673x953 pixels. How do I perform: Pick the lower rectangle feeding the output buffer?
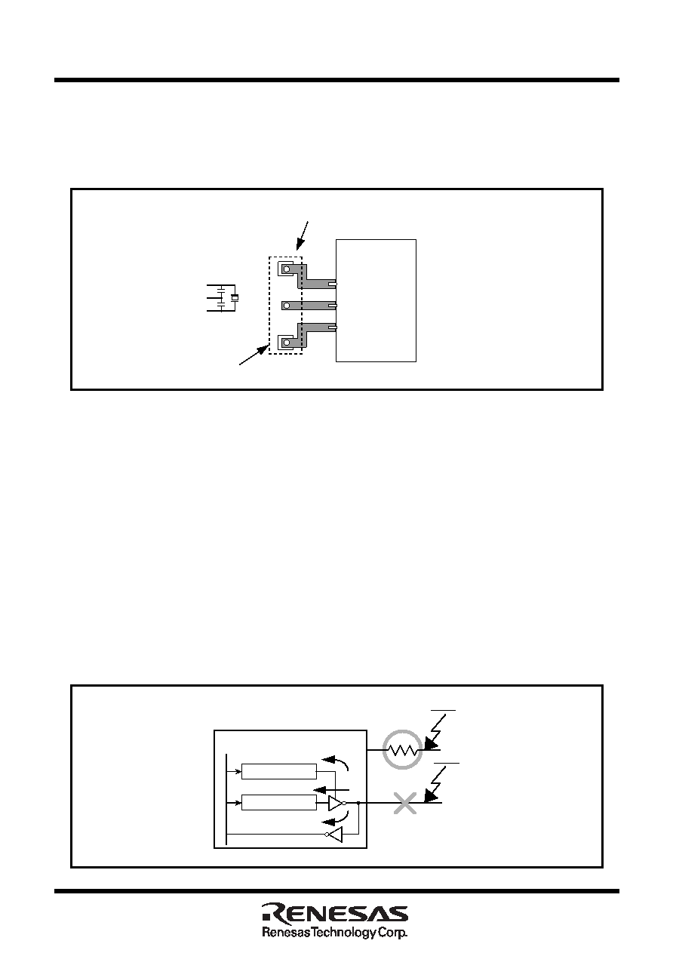click(x=278, y=803)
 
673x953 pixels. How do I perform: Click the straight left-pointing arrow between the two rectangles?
click(x=331, y=789)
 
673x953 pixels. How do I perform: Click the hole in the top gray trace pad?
click(x=287, y=269)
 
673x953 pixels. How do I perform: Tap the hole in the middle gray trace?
click(x=287, y=306)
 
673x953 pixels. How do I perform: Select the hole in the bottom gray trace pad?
click(x=287, y=343)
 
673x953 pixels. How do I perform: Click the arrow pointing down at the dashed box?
click(x=302, y=235)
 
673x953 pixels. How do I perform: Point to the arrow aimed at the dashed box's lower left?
click(x=254, y=355)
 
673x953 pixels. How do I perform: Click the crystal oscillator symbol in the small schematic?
click(x=235, y=298)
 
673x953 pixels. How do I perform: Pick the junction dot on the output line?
click(x=358, y=803)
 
